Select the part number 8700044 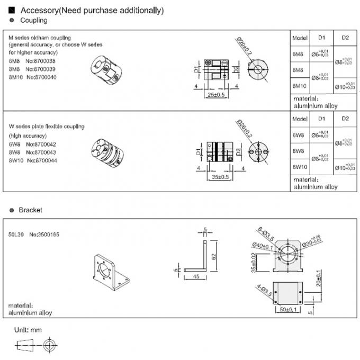pos(46,160)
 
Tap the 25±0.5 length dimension pos(215,95)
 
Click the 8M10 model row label pos(300,85)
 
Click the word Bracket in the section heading pos(30,210)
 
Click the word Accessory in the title pos(37,10)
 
